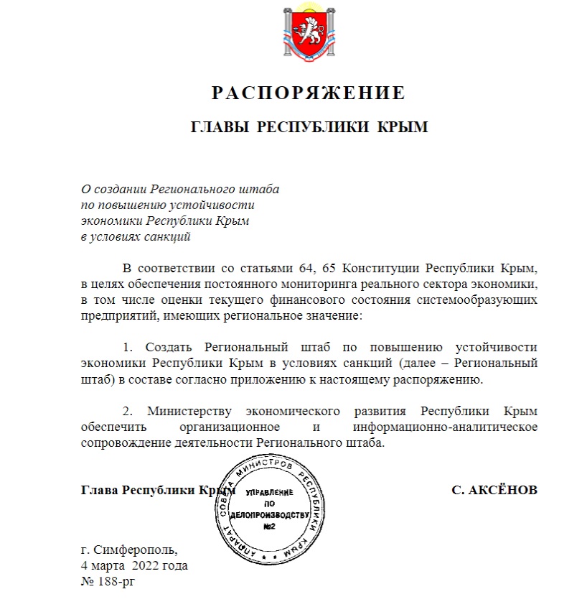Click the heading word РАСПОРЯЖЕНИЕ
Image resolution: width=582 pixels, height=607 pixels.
tap(309, 93)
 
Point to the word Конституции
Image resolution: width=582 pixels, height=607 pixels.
tap(382, 269)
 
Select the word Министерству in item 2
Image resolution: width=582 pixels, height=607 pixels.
tap(192, 411)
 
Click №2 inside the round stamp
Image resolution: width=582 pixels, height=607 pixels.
tap(268, 527)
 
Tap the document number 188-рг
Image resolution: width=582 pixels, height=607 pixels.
tap(116, 580)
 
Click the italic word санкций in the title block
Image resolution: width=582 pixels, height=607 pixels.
tap(166, 236)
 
